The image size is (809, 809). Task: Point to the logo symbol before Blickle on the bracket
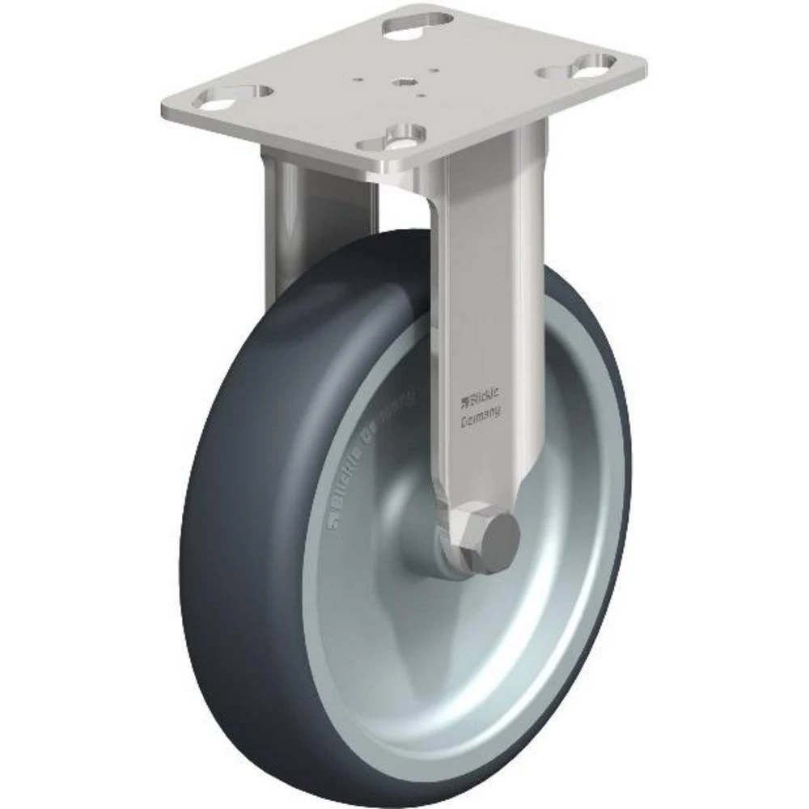pyautogui.click(x=464, y=398)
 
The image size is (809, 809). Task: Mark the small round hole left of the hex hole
pyautogui.click(x=358, y=80)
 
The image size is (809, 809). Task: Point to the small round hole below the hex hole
pyautogui.click(x=421, y=95)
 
